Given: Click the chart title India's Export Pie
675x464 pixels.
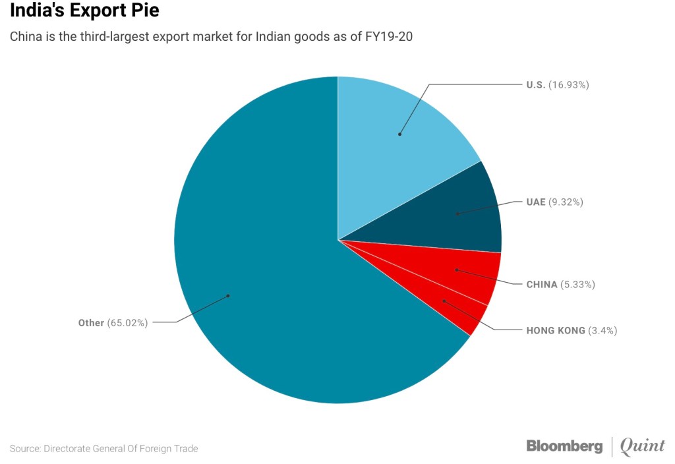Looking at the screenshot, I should click(x=84, y=11).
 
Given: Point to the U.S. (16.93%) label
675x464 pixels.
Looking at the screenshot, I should click(x=557, y=84).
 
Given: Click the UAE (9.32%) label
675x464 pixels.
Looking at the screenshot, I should click(x=554, y=202).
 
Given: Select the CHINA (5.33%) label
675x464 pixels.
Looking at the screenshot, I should click(x=560, y=285).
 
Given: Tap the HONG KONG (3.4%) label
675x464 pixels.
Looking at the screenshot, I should click(x=571, y=330).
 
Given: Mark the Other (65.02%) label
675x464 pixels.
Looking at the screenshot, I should click(x=113, y=323).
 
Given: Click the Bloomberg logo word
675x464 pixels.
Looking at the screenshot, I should click(x=564, y=446).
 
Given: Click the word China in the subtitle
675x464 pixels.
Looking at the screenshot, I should click(x=25, y=37).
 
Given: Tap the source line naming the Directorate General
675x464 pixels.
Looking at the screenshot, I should click(x=103, y=449).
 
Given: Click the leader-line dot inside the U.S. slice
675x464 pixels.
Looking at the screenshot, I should click(x=399, y=134).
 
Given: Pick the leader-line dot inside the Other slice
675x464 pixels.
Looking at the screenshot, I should click(x=228, y=296).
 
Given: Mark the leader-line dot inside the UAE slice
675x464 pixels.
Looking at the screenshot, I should click(x=457, y=214).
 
